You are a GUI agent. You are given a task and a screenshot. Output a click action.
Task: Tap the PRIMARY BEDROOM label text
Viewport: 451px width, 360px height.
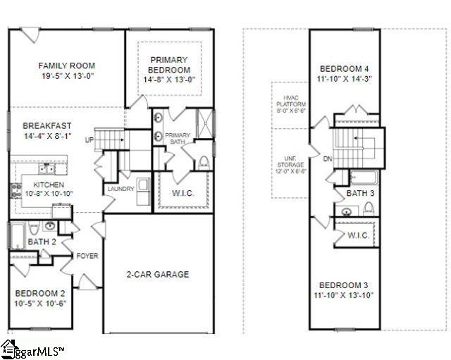pyautogui.click(x=169, y=66)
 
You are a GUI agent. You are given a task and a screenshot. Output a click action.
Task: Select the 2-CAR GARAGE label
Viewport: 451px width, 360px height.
pyautogui.click(x=157, y=274)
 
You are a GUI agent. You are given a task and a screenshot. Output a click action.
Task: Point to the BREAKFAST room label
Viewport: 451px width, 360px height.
pyautogui.click(x=47, y=125)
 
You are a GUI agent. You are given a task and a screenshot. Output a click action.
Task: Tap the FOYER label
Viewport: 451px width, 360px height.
pyautogui.click(x=87, y=256)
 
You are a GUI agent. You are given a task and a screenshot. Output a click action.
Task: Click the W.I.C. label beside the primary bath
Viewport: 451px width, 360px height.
pyautogui.click(x=183, y=193)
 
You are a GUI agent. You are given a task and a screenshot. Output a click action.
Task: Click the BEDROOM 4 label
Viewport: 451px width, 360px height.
pyautogui.click(x=345, y=68)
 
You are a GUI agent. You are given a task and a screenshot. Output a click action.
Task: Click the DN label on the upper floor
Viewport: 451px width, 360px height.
pyautogui.click(x=327, y=159)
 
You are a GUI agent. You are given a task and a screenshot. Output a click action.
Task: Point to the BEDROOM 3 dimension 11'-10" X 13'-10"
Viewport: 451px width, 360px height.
pyautogui.click(x=345, y=294)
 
